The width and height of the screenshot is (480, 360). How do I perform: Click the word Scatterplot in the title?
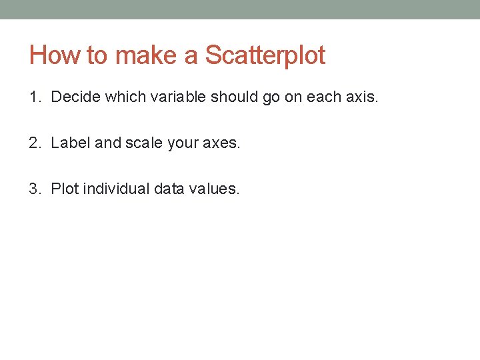[x=265, y=55]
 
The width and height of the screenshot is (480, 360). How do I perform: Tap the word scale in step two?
[x=143, y=143]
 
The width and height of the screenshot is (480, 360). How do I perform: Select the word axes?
[x=219, y=143]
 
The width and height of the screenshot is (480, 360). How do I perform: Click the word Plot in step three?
[x=65, y=189]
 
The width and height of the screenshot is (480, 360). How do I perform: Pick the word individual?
[x=116, y=189]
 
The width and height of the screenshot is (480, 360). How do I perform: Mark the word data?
[x=169, y=189]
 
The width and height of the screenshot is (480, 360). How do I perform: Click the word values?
[x=214, y=189]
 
